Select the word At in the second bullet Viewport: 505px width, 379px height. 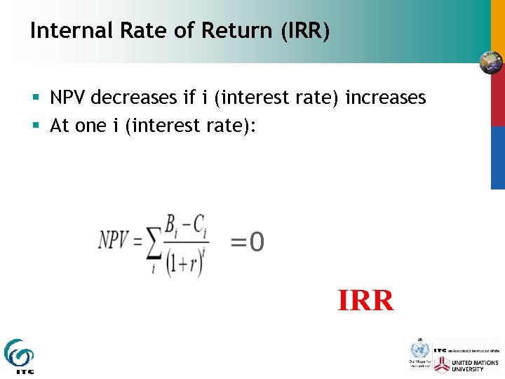60,126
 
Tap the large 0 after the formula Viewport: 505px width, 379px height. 257,243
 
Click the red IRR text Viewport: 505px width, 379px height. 365,300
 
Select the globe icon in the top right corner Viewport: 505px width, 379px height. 490,62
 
